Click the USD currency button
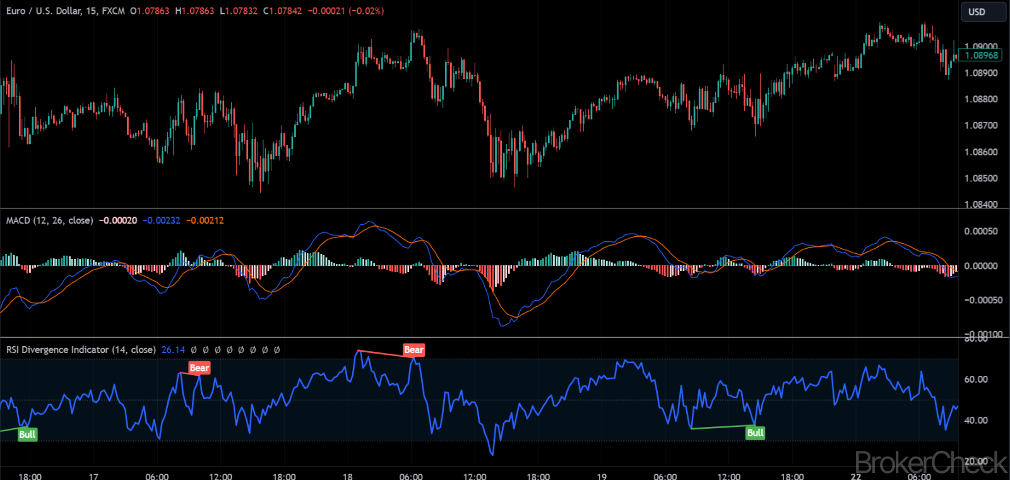[x=977, y=12]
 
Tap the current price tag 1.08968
[x=982, y=56]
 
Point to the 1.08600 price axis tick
[x=981, y=152]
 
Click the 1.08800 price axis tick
[x=981, y=99]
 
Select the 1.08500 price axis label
[x=981, y=179]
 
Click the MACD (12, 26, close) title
[x=49, y=220]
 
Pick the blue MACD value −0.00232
[x=161, y=220]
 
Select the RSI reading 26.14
[x=173, y=350]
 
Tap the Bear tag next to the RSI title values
[x=413, y=350]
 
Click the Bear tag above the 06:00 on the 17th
[x=199, y=368]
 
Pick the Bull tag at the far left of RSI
[x=27, y=435]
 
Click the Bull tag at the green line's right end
[x=755, y=433]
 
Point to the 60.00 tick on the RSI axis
[x=976, y=380]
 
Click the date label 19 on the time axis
[x=602, y=476]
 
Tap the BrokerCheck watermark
[x=931, y=463]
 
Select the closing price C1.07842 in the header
[x=282, y=11]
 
